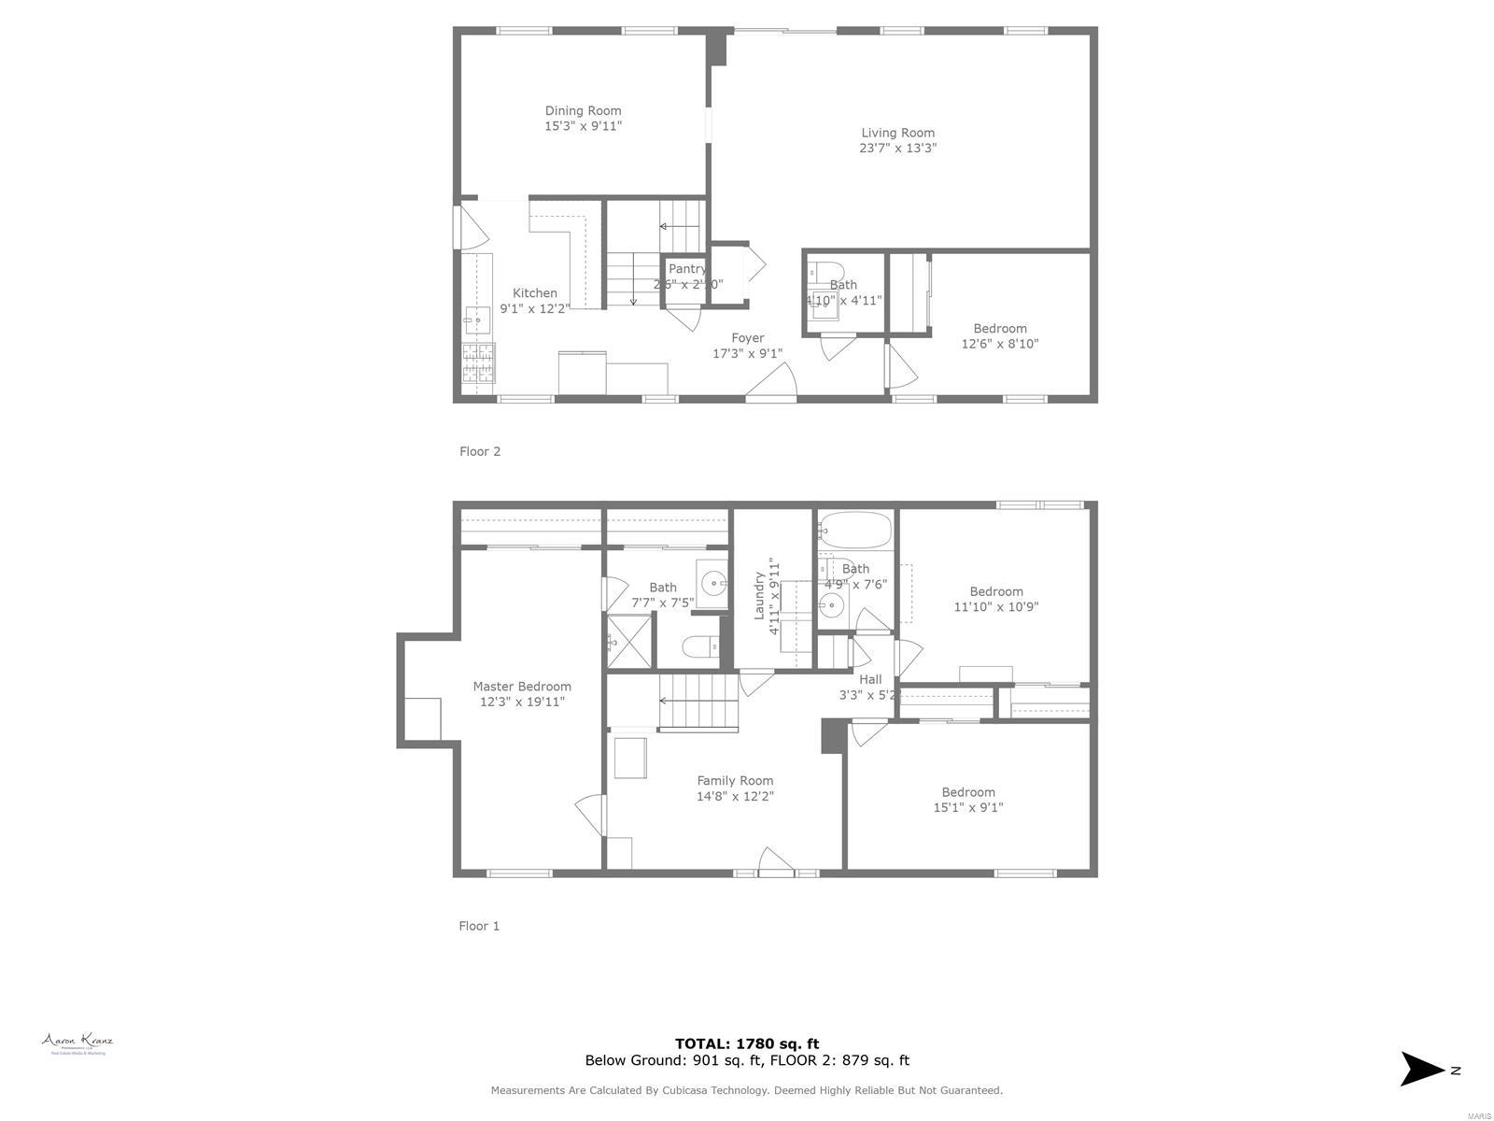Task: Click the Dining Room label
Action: pyautogui.click(x=583, y=110)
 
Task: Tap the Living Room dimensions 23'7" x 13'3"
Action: pyautogui.click(x=897, y=148)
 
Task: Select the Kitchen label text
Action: pyautogui.click(x=534, y=293)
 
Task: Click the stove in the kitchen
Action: pyautogui.click(x=479, y=363)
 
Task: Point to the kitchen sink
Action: pyautogui.click(x=477, y=320)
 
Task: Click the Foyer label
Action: pyautogui.click(x=747, y=338)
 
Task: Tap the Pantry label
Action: pyautogui.click(x=687, y=269)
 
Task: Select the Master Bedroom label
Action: pyautogui.click(x=522, y=687)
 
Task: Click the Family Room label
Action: pyautogui.click(x=735, y=781)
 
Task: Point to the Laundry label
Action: pyautogui.click(x=759, y=596)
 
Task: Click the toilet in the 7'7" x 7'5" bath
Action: pyautogui.click(x=700, y=646)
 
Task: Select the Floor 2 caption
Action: pyautogui.click(x=480, y=451)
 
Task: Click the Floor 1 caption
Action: pyautogui.click(x=479, y=926)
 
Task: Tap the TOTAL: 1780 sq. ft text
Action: pyautogui.click(x=747, y=1043)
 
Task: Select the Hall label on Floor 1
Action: pyautogui.click(x=870, y=679)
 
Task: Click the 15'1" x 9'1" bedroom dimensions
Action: pyautogui.click(x=968, y=807)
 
